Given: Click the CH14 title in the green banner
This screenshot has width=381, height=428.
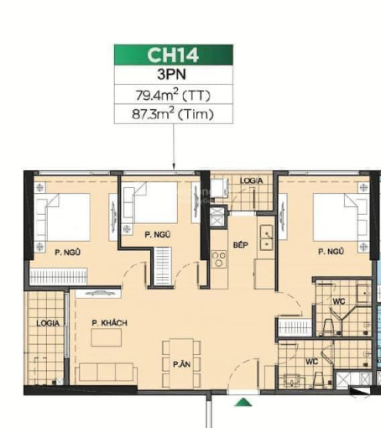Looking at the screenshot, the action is pos(173,55).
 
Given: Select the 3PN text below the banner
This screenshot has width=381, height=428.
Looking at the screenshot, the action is pos(172,75).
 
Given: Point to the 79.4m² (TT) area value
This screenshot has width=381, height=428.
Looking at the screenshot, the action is pos(173,95).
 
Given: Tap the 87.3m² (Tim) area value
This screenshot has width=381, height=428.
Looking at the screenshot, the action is pos(173,114).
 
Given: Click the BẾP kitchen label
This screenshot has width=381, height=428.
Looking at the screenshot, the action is pos(241,245).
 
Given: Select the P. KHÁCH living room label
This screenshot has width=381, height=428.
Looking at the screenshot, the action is pos(109,323).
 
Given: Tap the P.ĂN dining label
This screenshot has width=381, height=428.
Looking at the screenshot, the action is pos(181,364).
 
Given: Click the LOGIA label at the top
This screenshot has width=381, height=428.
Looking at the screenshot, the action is pos(251,180).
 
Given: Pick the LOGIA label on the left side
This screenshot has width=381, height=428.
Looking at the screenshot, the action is pos(48,323).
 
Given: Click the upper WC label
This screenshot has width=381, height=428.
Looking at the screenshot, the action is pos(339,301).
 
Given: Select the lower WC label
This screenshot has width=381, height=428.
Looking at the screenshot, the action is pos(311,362).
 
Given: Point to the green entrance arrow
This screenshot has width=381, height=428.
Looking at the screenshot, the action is pos(243,402).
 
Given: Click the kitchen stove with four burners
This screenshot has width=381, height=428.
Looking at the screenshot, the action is pos(218,259).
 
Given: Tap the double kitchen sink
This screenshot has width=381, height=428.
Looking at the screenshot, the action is pos(266,237).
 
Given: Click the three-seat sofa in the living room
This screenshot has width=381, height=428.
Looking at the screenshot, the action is pos(107,373).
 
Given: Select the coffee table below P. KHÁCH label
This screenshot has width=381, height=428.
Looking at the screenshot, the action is pos(107,337).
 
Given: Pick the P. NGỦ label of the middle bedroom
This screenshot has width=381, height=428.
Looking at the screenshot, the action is pos(158,234).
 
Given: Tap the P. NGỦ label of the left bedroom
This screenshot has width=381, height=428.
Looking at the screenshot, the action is pos(68,253).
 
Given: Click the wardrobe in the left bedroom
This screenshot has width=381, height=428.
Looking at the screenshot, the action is pos(58,277).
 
